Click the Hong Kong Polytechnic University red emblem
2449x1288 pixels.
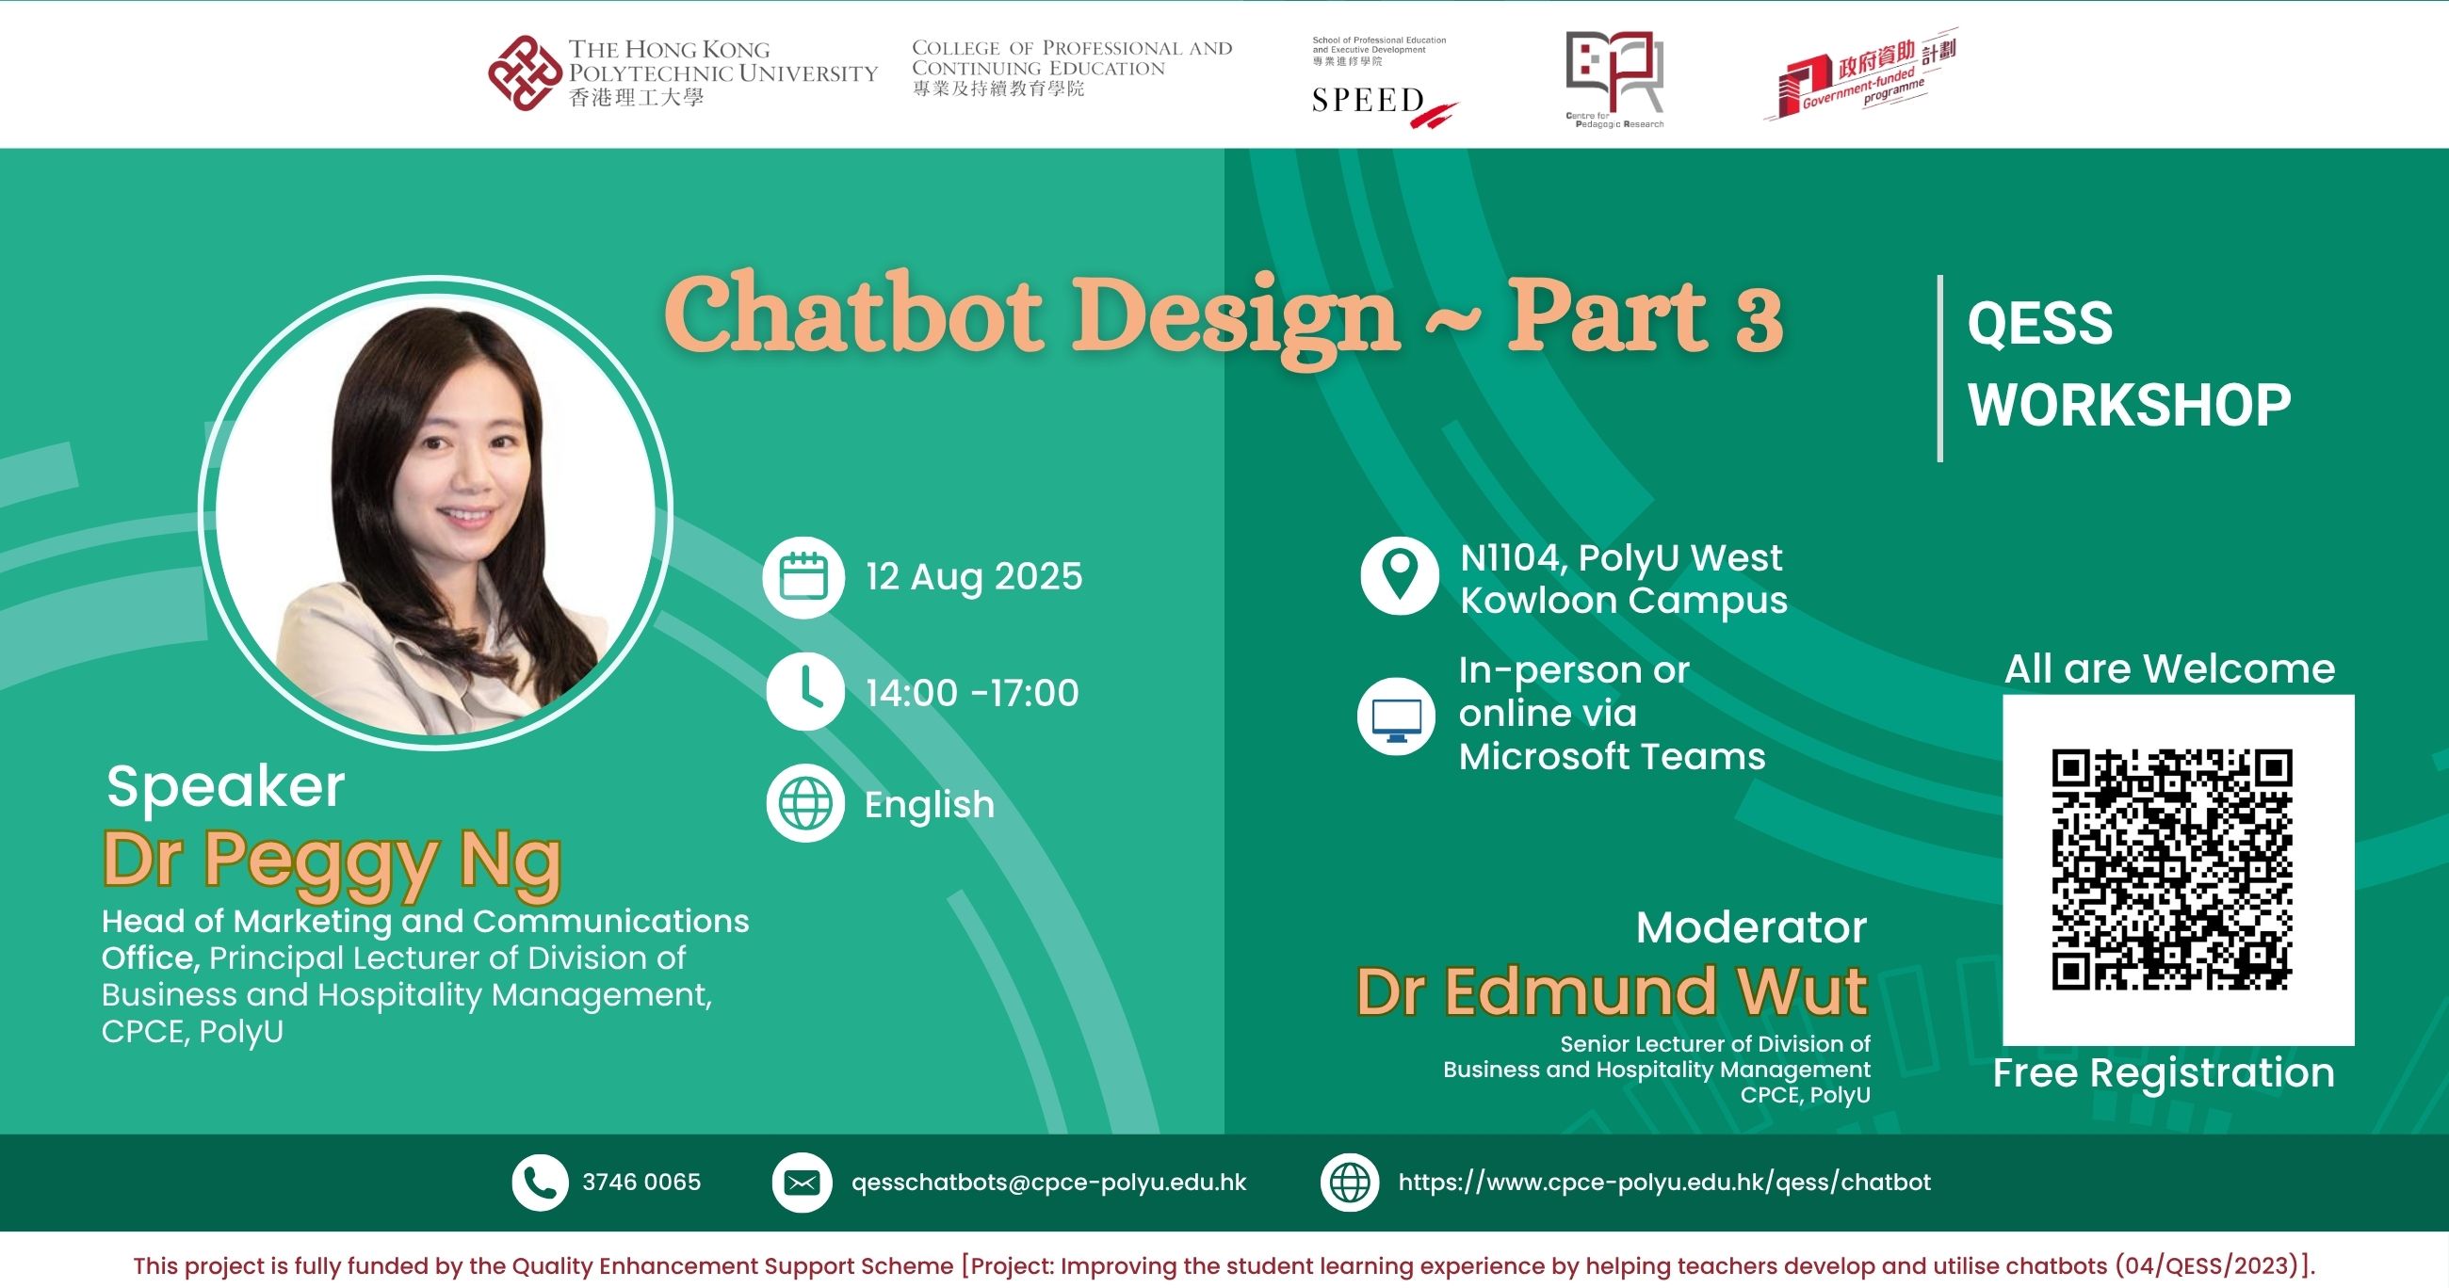(x=525, y=73)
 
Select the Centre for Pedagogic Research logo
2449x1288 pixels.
(x=1614, y=79)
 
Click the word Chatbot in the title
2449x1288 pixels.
(x=852, y=313)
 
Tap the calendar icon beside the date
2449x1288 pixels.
(x=803, y=577)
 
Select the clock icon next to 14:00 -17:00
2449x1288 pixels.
(x=805, y=691)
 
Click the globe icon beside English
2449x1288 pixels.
(x=805, y=803)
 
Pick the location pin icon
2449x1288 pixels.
(x=1400, y=575)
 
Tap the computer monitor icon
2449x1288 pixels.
(x=1397, y=716)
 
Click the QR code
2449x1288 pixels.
(x=2172, y=870)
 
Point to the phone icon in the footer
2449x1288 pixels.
(x=540, y=1183)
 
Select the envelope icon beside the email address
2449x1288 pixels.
(x=802, y=1183)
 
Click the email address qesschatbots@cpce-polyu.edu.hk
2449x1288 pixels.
(x=1048, y=1183)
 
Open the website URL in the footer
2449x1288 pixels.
(x=1664, y=1183)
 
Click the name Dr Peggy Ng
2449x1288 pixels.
(x=332, y=861)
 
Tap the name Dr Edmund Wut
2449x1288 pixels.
(x=1612, y=992)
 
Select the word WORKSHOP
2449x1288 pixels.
(x=2130, y=406)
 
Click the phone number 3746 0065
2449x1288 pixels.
(x=641, y=1183)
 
